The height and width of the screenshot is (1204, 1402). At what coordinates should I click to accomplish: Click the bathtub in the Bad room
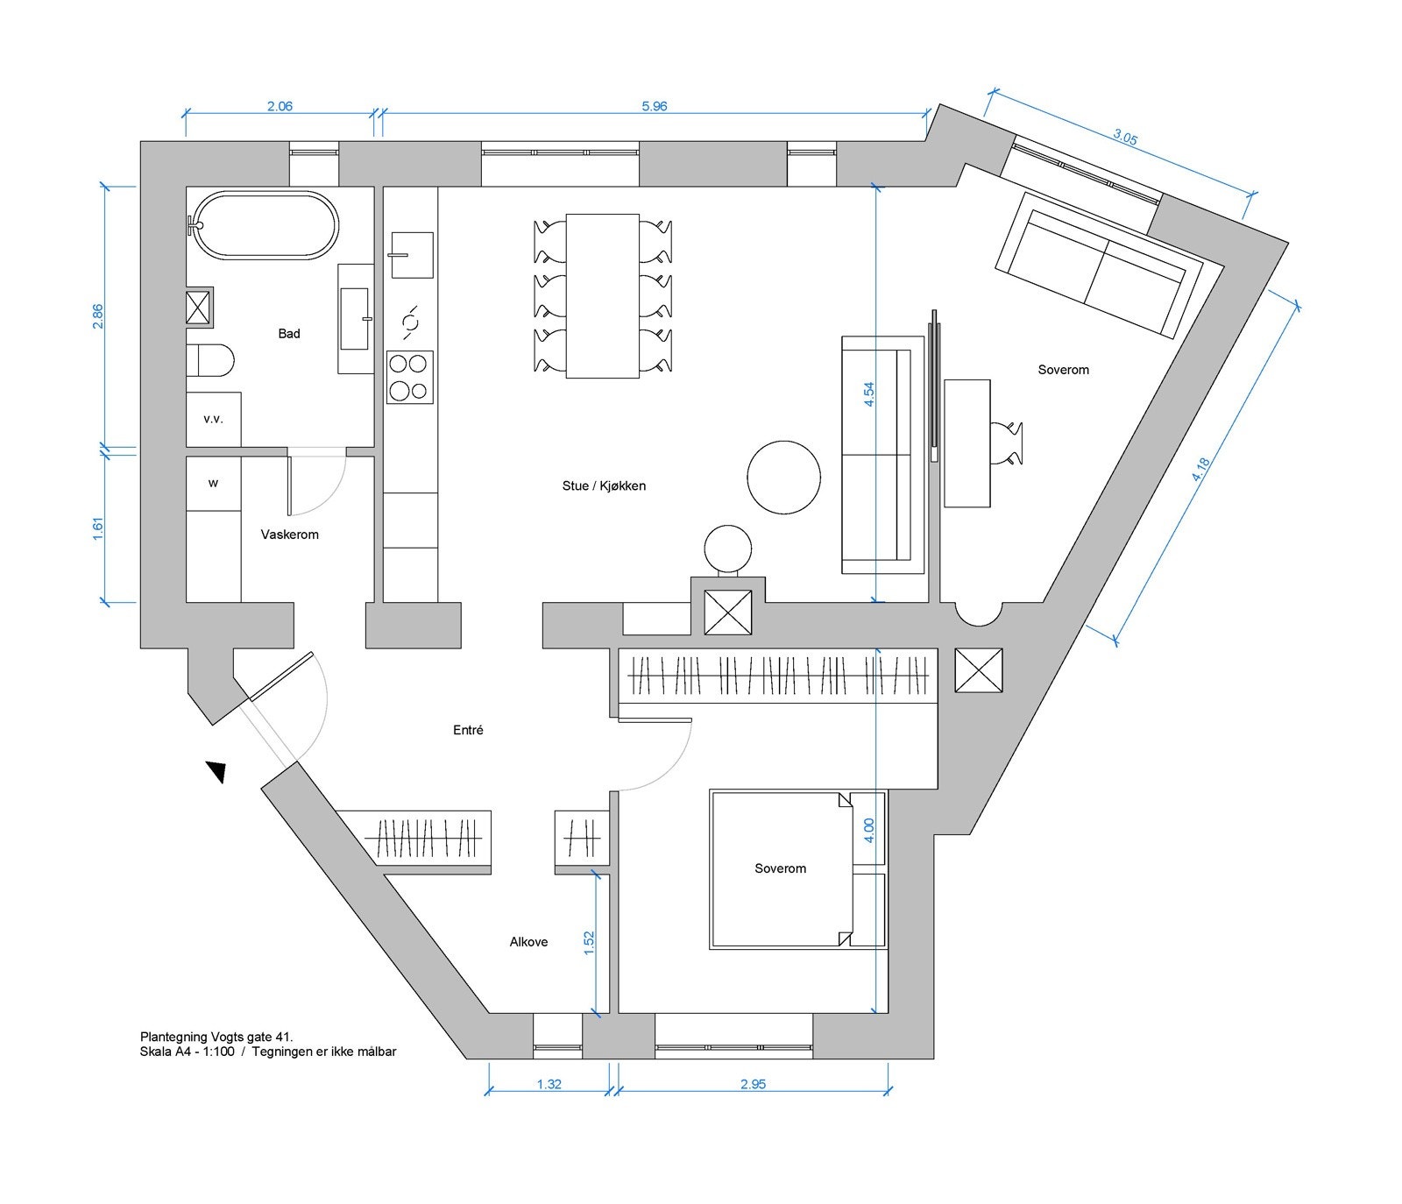[264, 225]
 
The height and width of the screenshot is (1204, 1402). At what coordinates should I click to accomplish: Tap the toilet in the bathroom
[210, 359]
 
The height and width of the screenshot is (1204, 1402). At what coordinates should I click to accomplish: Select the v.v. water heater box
[214, 419]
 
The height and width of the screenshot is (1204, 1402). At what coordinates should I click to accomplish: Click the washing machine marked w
[214, 484]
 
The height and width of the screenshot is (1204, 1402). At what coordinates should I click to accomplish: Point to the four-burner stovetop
[410, 377]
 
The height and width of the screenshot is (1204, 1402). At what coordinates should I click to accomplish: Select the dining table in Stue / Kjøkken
[603, 296]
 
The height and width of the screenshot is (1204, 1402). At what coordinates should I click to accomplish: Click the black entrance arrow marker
[216, 771]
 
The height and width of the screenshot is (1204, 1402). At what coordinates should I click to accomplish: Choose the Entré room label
[468, 730]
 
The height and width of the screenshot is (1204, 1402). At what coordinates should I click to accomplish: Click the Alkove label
[529, 942]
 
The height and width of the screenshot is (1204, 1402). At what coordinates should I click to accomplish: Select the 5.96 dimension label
[655, 106]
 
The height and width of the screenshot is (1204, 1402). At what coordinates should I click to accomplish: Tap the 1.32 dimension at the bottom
[549, 1084]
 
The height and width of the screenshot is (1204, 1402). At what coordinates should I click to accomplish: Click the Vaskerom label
[289, 535]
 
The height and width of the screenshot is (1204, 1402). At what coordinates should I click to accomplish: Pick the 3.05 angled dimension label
[1125, 137]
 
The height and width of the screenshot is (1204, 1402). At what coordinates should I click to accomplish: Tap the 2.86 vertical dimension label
[98, 316]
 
